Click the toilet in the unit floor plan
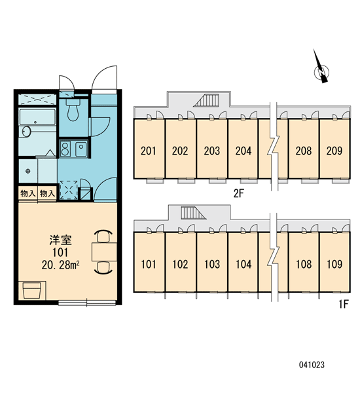click(73, 109)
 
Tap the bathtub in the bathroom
click(37, 117)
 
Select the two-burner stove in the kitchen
click(65, 149)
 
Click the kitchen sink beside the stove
click(81, 149)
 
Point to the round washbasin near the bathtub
click(26, 132)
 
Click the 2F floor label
click(238, 193)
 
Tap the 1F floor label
click(344, 305)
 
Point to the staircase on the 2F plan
click(207, 100)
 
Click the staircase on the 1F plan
click(193, 213)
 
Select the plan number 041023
click(312, 365)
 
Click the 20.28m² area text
click(61, 265)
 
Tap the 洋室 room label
click(60, 240)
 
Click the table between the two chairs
click(104, 252)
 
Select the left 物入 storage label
click(27, 193)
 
